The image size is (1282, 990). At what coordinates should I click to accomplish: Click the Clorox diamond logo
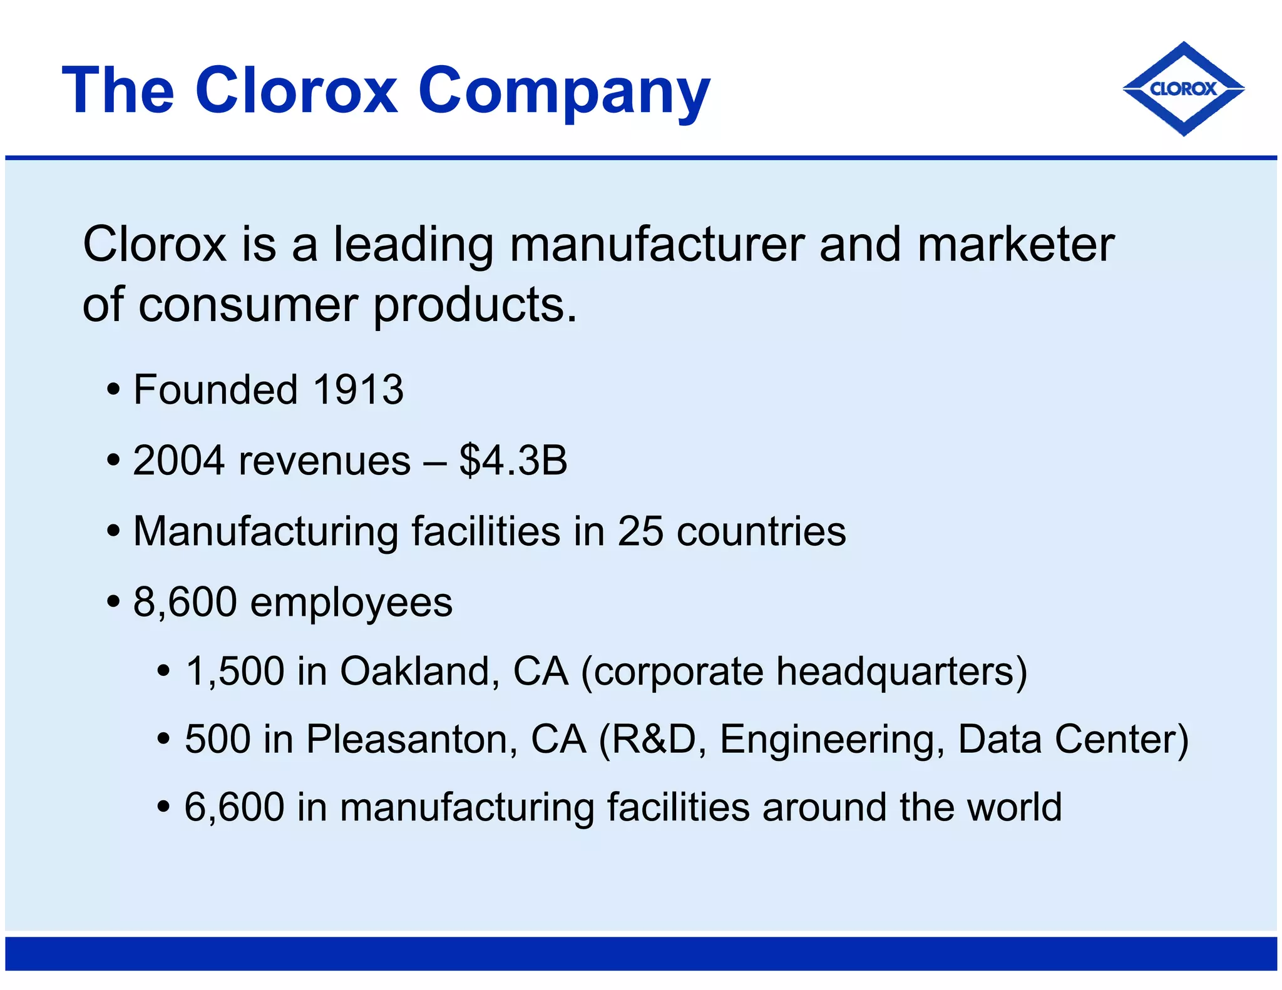coord(1183,89)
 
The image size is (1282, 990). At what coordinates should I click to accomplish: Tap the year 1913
coord(358,389)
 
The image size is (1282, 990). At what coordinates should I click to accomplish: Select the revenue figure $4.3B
coord(513,461)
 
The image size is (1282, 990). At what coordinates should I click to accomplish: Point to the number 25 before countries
coord(640,531)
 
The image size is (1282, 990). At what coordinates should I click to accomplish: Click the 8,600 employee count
coord(185,602)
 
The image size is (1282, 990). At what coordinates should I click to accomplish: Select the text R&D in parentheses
coord(654,739)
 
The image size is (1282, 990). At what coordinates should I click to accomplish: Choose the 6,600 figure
coord(234,807)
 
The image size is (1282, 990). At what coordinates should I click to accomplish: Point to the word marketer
coord(1015,244)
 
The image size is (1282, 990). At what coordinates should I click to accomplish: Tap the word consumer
coord(248,305)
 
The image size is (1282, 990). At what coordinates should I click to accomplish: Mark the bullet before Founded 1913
coord(113,390)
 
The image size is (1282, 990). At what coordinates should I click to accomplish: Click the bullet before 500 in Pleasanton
coord(164,740)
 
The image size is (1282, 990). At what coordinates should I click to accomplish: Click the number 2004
coord(178,461)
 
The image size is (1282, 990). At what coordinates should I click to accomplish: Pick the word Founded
coord(215,389)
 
